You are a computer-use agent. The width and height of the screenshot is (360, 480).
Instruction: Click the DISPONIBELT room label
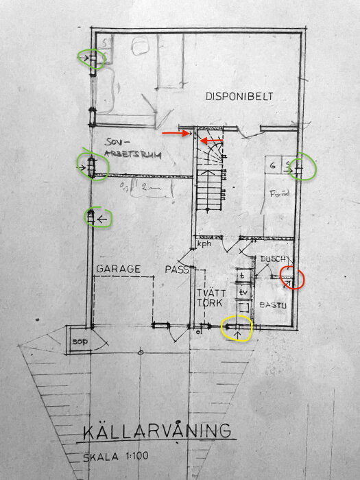pos(239,97)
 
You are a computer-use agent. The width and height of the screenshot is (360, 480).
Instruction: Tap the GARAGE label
pos(119,269)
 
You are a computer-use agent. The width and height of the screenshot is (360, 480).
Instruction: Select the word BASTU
pos(272,304)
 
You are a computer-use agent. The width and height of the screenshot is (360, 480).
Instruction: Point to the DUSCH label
pos(273,260)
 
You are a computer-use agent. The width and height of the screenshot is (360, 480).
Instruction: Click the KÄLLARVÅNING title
pos(157,432)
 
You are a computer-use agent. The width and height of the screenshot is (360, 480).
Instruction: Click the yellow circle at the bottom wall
pos(237,329)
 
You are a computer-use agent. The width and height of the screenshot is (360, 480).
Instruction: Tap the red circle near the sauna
pos(293,276)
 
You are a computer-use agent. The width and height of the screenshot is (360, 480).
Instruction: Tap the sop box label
pos(77,341)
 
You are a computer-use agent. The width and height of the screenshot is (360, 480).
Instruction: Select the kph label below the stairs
pos(204,244)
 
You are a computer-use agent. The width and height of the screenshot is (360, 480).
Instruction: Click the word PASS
pos(177,269)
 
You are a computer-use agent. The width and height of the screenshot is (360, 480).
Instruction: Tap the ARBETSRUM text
pos(133,155)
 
